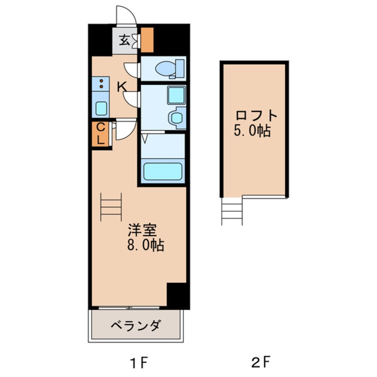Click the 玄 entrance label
coord(124,41)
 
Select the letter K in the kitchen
coord(121,87)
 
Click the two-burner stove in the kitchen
coord(101,83)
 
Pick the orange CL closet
coord(101,133)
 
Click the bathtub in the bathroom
coord(163,171)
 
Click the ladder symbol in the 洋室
coord(111,206)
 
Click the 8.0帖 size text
coord(145,245)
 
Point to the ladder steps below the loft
coord(232,212)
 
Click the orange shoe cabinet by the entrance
coord(147,39)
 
